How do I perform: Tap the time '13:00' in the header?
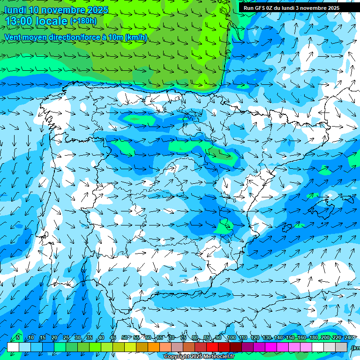(22, 21)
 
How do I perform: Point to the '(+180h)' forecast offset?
(83, 21)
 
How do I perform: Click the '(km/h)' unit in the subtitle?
(136, 37)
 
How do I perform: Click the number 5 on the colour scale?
(18, 338)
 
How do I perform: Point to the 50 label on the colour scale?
(124, 338)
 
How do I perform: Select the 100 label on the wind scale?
(231, 338)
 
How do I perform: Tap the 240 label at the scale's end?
(349, 338)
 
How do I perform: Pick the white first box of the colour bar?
(13, 347)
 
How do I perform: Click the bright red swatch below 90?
(212, 347)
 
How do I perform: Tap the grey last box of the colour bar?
(342, 347)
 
